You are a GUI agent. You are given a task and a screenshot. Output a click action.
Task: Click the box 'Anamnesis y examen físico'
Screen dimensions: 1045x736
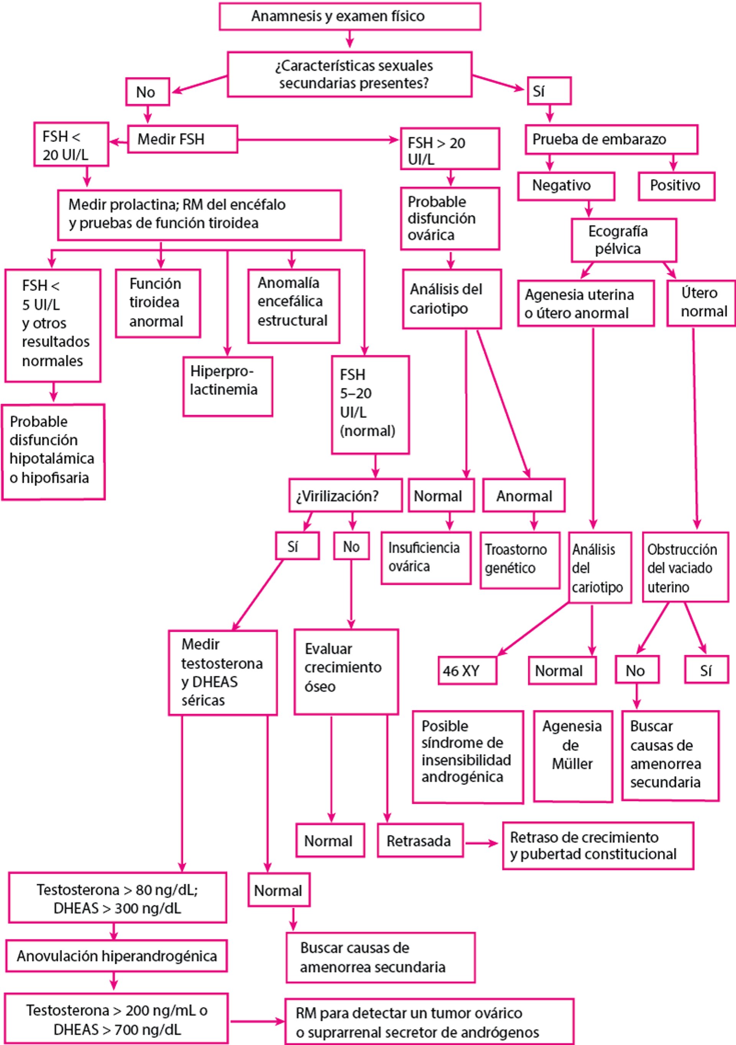point(350,16)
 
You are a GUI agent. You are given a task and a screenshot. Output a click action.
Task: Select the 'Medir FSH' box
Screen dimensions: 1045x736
point(182,139)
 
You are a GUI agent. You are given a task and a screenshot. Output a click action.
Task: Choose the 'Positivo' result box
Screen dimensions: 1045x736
point(676,186)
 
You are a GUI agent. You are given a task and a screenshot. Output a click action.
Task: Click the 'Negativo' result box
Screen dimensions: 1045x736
point(566,186)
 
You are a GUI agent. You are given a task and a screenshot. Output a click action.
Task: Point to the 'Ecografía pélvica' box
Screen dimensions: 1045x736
point(624,240)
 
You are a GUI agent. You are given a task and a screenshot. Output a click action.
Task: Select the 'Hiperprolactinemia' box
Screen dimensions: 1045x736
point(228,386)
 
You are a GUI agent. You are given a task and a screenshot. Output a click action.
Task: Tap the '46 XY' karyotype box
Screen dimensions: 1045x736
point(467,670)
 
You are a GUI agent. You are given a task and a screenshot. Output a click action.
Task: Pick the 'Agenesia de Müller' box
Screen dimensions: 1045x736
point(573,756)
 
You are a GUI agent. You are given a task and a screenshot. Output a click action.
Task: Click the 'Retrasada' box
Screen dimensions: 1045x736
point(420,840)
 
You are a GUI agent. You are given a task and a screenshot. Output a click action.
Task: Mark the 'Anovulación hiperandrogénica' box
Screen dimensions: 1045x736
point(117,956)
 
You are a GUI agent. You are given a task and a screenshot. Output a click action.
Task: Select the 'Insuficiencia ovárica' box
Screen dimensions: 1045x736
point(426,557)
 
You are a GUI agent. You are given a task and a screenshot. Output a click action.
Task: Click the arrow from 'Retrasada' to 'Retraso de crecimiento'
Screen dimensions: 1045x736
point(483,843)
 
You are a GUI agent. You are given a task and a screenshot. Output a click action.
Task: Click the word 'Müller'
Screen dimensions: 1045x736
point(572,764)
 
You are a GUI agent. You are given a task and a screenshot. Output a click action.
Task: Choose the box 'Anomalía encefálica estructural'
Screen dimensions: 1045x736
point(294,306)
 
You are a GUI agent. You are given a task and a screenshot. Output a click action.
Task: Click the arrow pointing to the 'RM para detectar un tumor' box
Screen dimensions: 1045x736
point(257,1021)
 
